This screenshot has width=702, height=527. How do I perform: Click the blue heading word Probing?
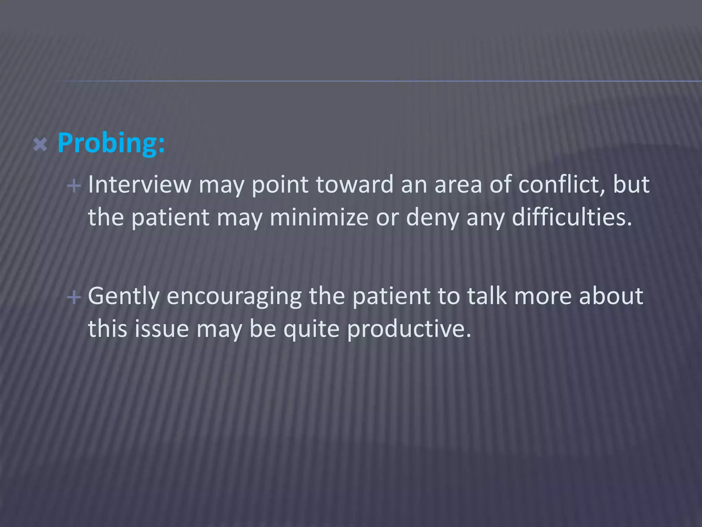tap(110, 143)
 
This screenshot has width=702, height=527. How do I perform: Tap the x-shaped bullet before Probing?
tap(40, 145)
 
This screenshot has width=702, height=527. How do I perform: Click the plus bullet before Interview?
tap(74, 186)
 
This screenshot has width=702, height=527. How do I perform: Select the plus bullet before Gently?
tap(74, 297)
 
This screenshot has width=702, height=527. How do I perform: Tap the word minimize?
tap(319, 218)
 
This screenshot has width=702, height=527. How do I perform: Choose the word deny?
tap(432, 218)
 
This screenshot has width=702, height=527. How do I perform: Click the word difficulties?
tap(572, 218)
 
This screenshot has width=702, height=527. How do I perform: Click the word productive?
tap(409, 329)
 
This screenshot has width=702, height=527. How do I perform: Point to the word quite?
tap(312, 329)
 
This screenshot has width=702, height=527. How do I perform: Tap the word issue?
tap(161, 329)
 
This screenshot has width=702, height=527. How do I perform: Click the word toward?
tap(354, 185)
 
